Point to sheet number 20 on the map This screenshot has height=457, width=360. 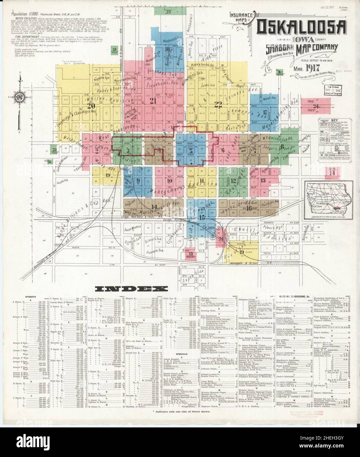click(x=91, y=106)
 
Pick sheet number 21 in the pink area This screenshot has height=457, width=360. click(x=152, y=101)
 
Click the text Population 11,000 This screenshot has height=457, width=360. click(x=25, y=14)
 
